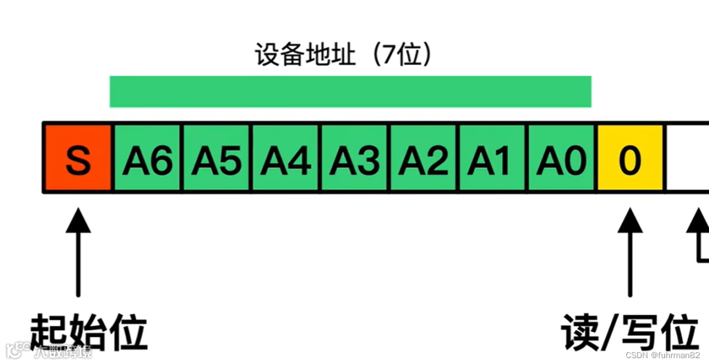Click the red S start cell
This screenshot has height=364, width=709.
78,158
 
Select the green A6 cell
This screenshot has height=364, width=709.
148,158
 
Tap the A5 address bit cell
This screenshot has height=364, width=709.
217,158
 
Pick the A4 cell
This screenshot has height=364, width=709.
286,158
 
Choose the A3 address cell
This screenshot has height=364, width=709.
354,158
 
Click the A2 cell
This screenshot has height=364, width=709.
423,158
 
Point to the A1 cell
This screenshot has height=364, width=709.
492,158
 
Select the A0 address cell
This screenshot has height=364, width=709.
561,158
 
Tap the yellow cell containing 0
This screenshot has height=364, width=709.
630,158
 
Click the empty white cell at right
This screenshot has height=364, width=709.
688,158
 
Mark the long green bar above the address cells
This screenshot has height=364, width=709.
351,92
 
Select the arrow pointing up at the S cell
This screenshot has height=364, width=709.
78,253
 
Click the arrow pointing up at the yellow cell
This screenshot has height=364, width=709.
630,253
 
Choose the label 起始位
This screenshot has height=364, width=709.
89,333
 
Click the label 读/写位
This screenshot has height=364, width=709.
629,333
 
